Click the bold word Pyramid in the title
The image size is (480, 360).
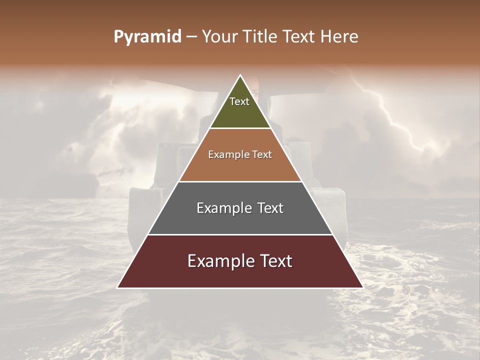click(x=147, y=37)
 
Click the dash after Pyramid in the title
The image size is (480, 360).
click(x=191, y=37)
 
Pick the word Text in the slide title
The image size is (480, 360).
click(x=299, y=37)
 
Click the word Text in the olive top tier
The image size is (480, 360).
click(x=239, y=101)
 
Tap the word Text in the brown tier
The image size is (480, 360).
click(x=262, y=154)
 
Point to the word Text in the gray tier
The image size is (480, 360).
click(x=269, y=208)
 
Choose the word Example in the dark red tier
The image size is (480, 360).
click(x=221, y=261)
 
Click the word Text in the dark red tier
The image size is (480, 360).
click(x=274, y=261)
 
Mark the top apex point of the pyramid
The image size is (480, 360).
click(x=240, y=75)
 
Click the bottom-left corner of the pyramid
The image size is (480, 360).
click(x=117, y=287)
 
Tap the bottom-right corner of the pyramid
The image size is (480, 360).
click(x=362, y=287)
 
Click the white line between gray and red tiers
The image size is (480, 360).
click(x=240, y=234)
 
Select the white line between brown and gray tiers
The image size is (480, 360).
click(x=240, y=181)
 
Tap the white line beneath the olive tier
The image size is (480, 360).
click(x=240, y=128)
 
